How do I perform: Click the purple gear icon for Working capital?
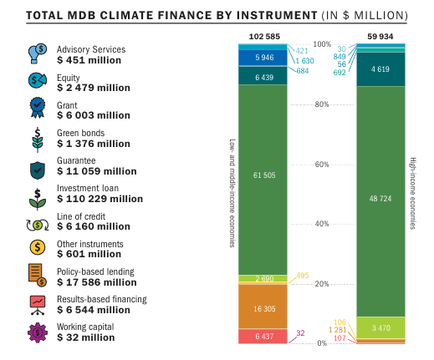(38, 332)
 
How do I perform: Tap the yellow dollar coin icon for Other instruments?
(38, 247)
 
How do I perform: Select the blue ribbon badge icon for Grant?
(38, 108)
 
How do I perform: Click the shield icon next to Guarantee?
(38, 170)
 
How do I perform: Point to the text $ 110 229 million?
(100, 199)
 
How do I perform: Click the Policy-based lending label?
(95, 271)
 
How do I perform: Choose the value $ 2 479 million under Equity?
(94, 88)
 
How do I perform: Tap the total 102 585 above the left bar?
(264, 37)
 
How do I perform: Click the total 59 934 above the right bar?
(380, 37)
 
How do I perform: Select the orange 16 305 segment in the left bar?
(263, 307)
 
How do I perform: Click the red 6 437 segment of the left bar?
(263, 337)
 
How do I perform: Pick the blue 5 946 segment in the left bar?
(263, 58)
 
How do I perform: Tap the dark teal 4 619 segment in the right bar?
(380, 69)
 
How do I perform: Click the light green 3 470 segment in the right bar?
(380, 327)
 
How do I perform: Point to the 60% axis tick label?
(322, 165)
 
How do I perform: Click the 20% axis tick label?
(322, 284)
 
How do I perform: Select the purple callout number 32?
(300, 333)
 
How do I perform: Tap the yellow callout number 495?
(303, 276)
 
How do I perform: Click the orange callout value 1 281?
(337, 330)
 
